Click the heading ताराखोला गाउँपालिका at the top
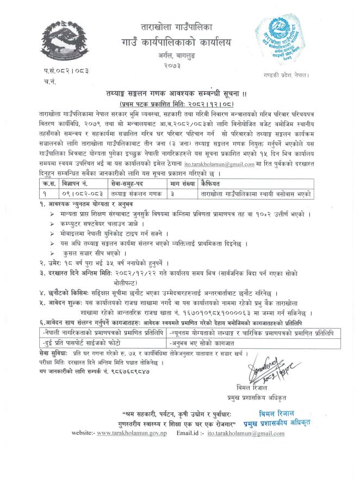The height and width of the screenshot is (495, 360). [x=180, y=27]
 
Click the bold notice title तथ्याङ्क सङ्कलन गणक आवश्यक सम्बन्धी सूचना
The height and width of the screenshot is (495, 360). [x=179, y=93]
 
